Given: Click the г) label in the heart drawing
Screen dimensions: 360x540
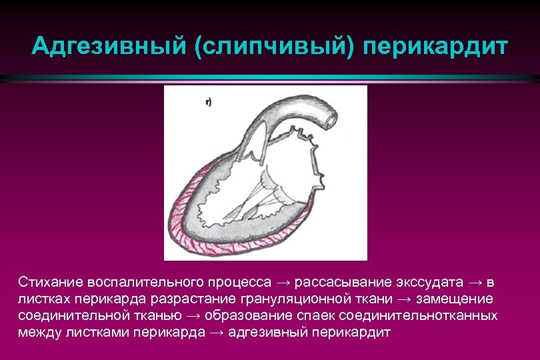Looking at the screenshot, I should tap(209, 102).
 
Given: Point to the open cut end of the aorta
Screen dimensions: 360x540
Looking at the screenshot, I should tap(329, 118).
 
